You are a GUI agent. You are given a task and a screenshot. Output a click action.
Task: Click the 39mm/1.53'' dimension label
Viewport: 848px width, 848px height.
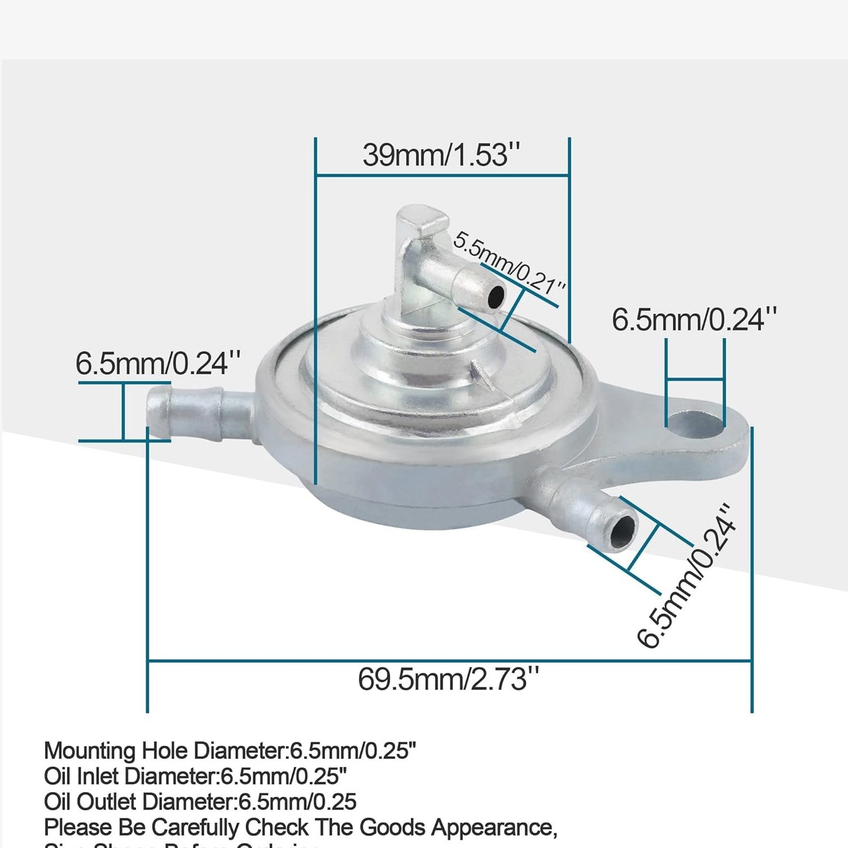(x=441, y=156)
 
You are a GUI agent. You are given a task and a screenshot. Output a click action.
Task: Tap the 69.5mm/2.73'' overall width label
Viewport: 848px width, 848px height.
(x=448, y=680)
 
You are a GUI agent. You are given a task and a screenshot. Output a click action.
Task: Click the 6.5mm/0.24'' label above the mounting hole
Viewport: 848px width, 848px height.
(x=694, y=320)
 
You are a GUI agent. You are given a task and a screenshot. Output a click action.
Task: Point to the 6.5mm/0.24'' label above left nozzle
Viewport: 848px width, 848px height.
(x=158, y=364)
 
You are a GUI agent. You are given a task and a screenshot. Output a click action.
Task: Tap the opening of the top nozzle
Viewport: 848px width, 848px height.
(x=496, y=296)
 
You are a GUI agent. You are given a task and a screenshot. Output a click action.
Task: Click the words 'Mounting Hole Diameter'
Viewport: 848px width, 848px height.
(x=164, y=751)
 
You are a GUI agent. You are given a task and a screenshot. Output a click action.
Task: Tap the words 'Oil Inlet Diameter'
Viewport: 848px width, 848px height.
(x=130, y=776)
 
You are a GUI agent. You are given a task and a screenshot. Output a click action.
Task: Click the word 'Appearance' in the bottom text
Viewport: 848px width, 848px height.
(x=492, y=827)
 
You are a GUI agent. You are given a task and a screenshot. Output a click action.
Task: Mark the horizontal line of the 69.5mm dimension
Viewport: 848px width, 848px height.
(x=450, y=661)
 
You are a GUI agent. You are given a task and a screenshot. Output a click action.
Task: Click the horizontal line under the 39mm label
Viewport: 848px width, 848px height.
(x=442, y=175)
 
